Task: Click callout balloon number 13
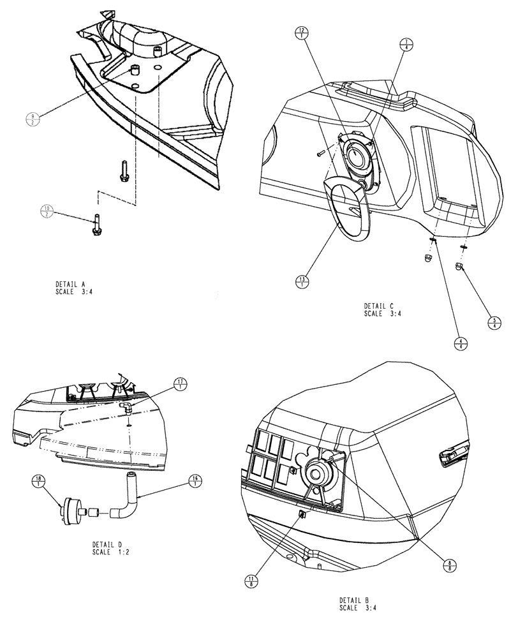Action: (x=302, y=281)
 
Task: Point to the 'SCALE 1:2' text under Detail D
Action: (x=110, y=551)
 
